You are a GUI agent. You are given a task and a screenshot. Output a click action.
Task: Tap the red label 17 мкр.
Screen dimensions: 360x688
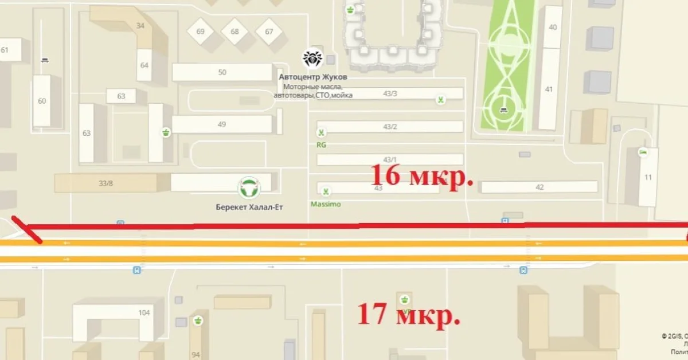click(x=409, y=314)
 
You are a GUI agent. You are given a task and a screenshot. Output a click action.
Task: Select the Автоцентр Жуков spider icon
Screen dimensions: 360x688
click(x=313, y=58)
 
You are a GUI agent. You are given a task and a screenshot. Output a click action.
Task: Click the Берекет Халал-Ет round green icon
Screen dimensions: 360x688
click(x=249, y=187)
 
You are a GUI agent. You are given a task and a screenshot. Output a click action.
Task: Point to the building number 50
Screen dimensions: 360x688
click(x=222, y=72)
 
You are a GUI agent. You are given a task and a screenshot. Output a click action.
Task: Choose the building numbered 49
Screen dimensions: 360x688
click(x=222, y=124)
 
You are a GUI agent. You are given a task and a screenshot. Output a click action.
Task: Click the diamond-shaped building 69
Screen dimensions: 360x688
click(x=200, y=32)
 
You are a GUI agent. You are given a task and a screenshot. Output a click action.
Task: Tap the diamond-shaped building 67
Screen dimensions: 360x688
click(x=269, y=32)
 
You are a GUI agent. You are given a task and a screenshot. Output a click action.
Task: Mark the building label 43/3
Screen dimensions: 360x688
click(x=390, y=93)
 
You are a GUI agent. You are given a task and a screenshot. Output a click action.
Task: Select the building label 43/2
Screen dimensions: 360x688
click(x=390, y=127)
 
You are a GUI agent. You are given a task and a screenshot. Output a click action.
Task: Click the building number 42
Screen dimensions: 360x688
click(x=539, y=187)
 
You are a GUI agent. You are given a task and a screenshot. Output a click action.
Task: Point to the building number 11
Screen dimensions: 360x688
click(x=648, y=177)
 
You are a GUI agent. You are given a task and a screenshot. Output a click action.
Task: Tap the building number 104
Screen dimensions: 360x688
click(x=144, y=313)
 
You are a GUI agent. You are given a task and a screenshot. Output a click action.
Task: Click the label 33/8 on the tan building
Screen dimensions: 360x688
click(x=106, y=183)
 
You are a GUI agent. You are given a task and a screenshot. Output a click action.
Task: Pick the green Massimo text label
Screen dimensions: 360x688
click(x=326, y=204)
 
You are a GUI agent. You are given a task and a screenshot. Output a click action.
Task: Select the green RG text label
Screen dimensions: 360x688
click(x=321, y=145)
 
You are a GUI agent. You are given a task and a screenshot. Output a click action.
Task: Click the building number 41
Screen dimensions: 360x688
click(x=549, y=89)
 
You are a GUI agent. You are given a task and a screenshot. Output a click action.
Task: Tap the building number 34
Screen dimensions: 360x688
click(x=140, y=26)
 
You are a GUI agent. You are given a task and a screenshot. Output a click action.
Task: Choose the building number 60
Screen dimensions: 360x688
click(x=42, y=101)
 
